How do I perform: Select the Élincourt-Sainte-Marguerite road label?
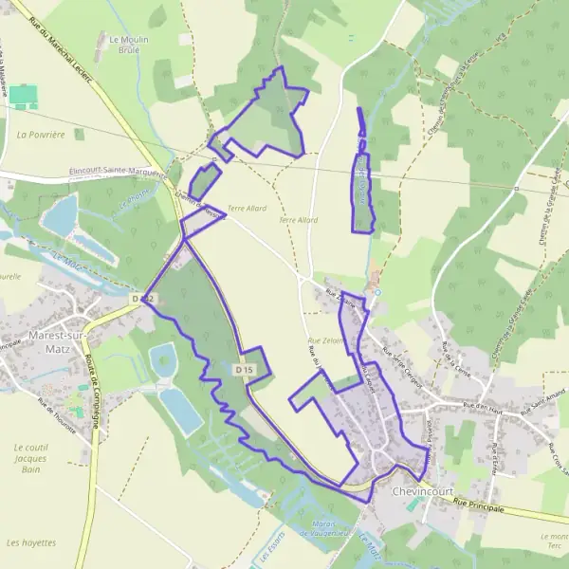(x=119, y=171)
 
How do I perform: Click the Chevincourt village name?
(x=425, y=493)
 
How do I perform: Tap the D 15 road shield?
(x=245, y=370)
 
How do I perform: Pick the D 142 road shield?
(x=143, y=299)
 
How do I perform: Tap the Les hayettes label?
(x=30, y=543)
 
